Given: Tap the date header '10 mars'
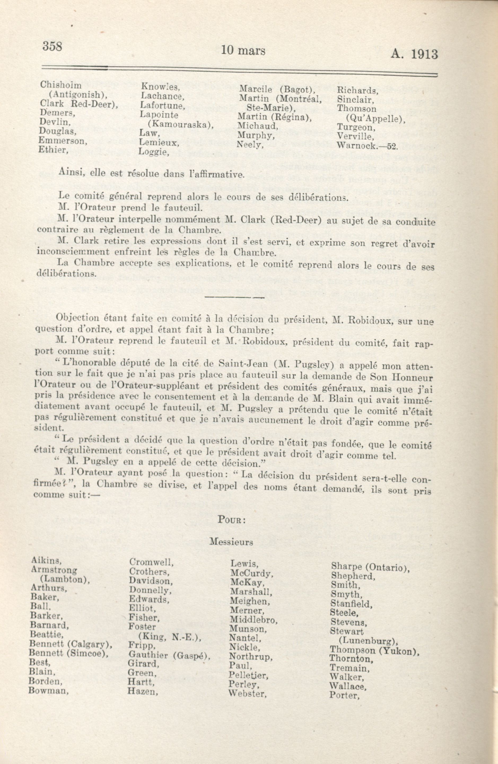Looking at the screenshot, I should pos(243,51).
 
